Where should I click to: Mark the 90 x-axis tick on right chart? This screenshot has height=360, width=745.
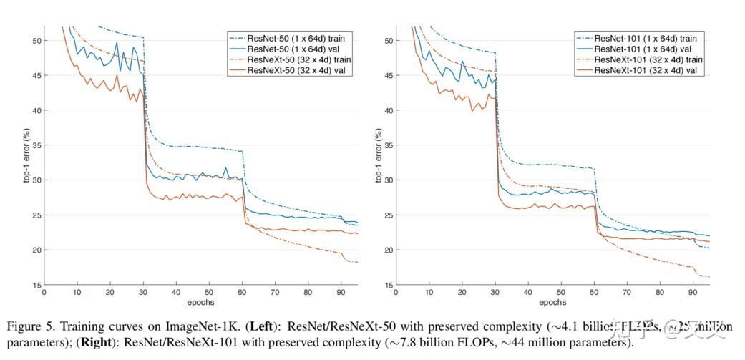pyautogui.click(x=692, y=293)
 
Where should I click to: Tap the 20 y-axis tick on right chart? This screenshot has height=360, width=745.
pyautogui.click(x=387, y=250)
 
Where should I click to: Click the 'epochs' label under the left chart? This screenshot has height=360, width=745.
pyautogui.click(x=200, y=302)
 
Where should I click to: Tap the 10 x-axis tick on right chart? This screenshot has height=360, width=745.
pyautogui.click(x=429, y=293)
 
